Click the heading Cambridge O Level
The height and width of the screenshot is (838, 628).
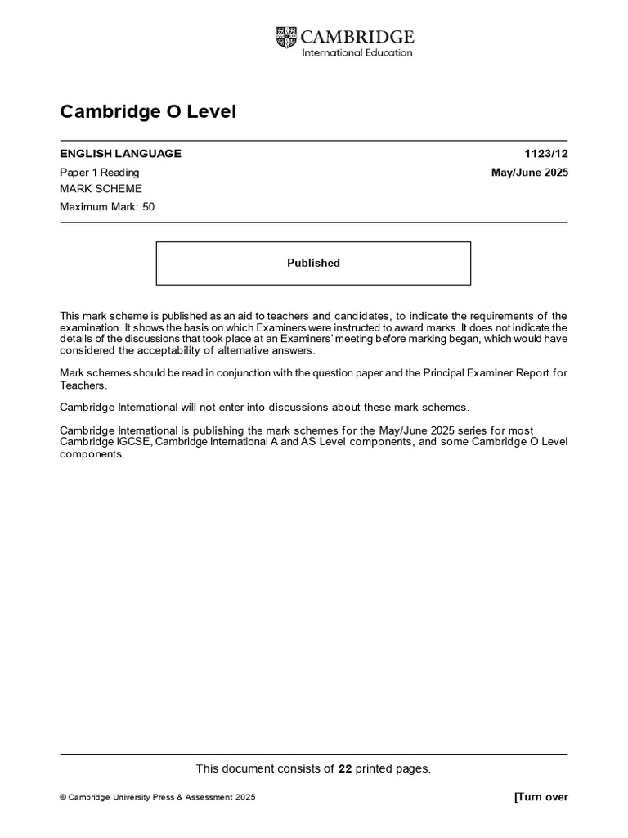(148, 111)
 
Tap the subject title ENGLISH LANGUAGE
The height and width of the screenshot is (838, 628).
(120, 153)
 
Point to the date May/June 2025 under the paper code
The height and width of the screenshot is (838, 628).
(528, 172)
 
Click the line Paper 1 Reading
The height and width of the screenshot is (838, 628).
(100, 172)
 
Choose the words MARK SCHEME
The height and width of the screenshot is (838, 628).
(101, 189)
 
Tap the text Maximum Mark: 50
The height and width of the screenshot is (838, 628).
(107, 207)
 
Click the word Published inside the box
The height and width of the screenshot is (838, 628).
(313, 263)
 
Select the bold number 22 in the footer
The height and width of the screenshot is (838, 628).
(344, 768)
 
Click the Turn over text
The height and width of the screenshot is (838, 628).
(541, 797)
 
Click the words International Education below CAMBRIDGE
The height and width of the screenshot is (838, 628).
(357, 52)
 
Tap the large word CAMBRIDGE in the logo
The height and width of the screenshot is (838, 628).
(357, 36)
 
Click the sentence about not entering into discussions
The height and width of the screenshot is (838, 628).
(265, 407)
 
